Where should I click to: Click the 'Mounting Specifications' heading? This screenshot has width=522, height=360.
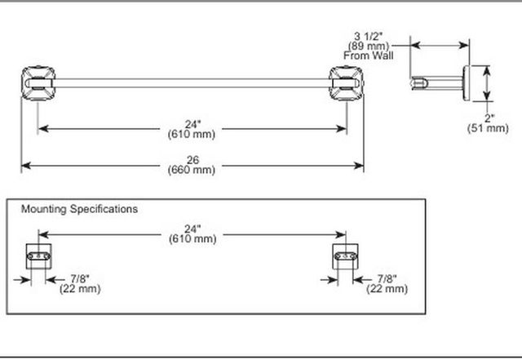(x=79, y=209)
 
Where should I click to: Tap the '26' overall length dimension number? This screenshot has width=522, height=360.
(x=192, y=160)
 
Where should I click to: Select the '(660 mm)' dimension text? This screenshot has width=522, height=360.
(x=192, y=170)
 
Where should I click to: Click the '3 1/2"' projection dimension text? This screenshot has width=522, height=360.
(x=369, y=36)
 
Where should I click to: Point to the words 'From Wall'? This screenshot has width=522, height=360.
(x=368, y=56)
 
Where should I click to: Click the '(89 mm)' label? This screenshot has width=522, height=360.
(x=369, y=46)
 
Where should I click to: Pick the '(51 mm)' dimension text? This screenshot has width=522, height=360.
(x=488, y=128)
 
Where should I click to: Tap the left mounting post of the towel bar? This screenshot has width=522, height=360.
(x=38, y=83)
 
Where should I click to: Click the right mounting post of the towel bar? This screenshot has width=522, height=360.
(x=346, y=83)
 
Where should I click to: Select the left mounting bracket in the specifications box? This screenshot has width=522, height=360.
(x=38, y=256)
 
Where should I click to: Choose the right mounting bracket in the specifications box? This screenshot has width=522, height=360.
(x=346, y=256)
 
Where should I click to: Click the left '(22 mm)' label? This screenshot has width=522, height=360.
(x=80, y=289)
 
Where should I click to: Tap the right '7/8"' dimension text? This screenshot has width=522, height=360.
(x=387, y=278)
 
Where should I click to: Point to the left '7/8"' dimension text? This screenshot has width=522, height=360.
(x=80, y=278)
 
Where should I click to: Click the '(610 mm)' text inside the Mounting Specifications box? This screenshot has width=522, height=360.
(x=192, y=239)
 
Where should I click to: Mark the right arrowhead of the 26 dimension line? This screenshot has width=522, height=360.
(x=359, y=166)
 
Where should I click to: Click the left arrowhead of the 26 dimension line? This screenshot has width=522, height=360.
(x=26, y=166)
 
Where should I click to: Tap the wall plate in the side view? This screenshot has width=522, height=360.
(x=466, y=83)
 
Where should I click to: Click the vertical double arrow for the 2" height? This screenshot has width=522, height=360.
(x=487, y=83)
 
